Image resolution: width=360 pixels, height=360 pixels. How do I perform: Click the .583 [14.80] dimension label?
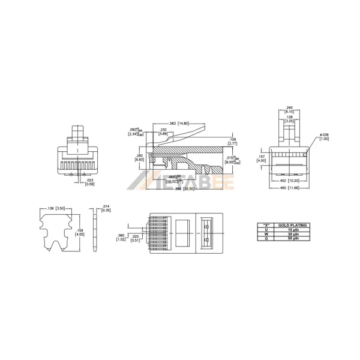pos(179,124)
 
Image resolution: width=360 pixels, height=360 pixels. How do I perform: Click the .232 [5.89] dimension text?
pos(163,132)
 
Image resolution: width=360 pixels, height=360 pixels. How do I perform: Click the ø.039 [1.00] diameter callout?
pos(325,137)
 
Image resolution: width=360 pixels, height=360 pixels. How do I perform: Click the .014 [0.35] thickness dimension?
pos(106,209)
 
